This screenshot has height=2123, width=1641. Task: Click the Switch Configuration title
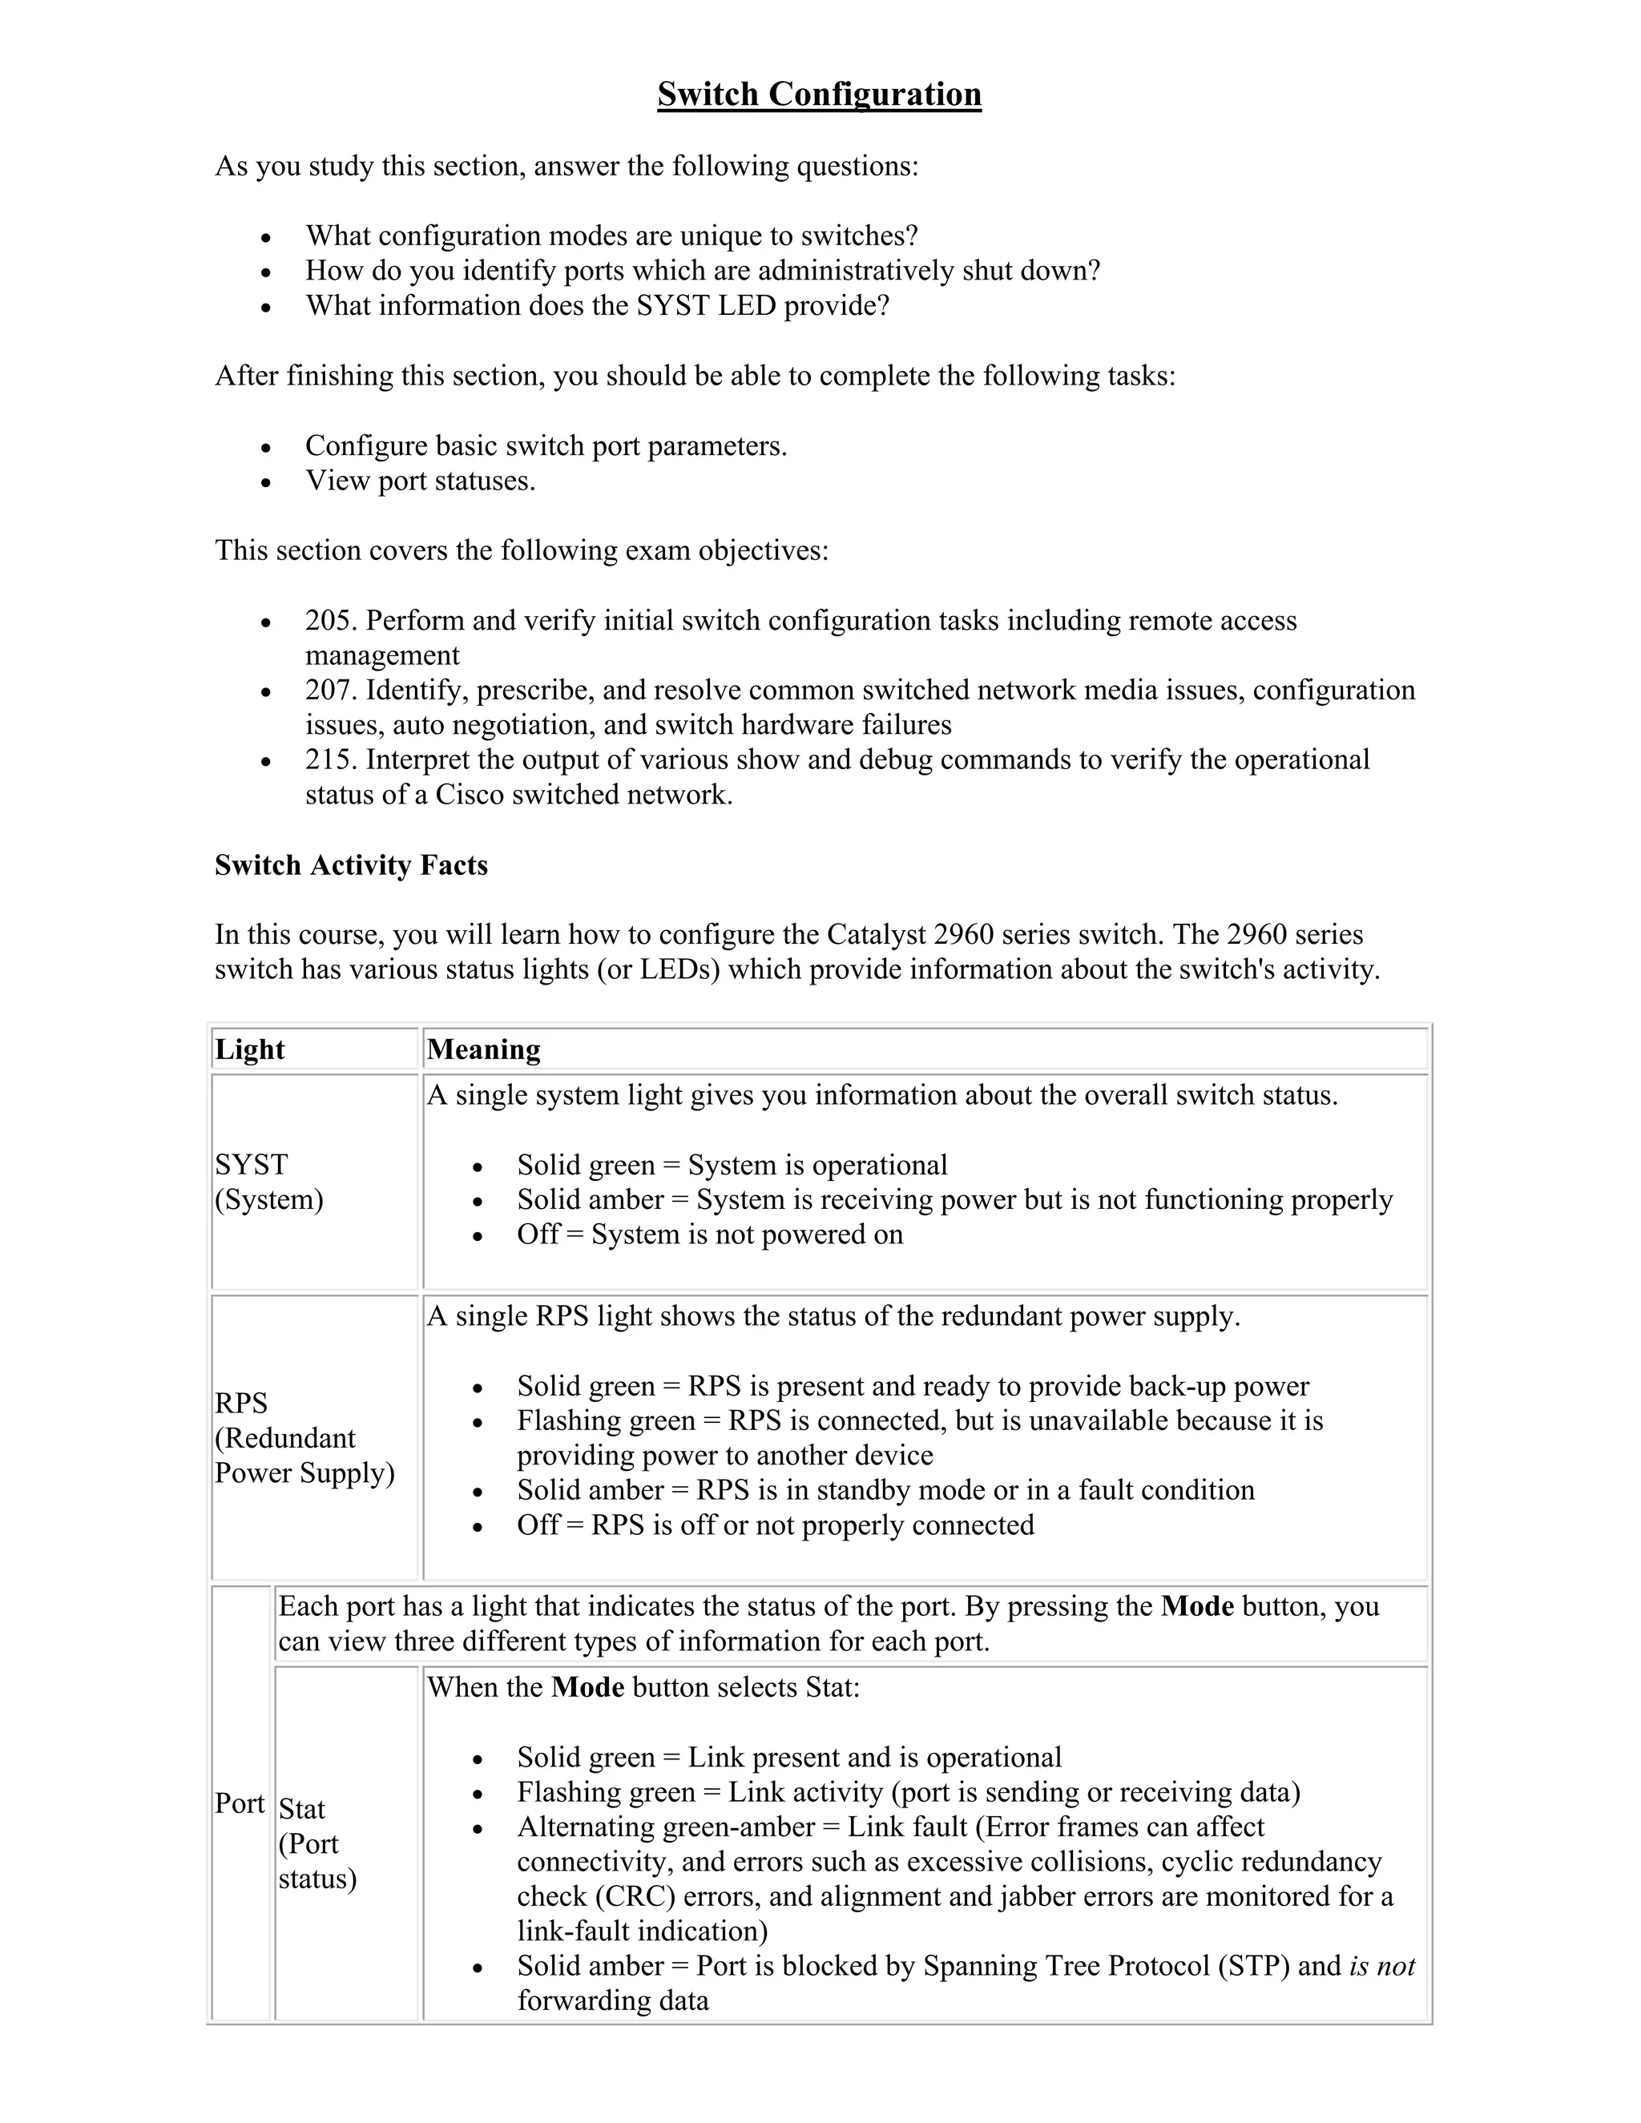click(x=819, y=95)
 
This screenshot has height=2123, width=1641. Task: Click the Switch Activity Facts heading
click(x=351, y=864)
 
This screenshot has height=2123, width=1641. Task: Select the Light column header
click(x=250, y=1049)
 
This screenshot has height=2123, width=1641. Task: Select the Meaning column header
click(x=483, y=1049)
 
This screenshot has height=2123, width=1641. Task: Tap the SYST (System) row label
click(x=269, y=1182)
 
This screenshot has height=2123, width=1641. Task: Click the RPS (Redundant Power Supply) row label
click(x=304, y=1438)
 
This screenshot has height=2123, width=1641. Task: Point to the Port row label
click(x=239, y=1803)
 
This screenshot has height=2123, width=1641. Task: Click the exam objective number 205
click(x=331, y=620)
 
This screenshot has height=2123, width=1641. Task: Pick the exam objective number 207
click(x=331, y=690)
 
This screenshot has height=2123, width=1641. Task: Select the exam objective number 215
click(x=331, y=759)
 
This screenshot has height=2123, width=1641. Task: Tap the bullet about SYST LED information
click(x=597, y=306)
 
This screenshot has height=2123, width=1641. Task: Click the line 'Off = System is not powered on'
click(x=710, y=1235)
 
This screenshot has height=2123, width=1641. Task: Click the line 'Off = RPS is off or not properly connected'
click(x=775, y=1525)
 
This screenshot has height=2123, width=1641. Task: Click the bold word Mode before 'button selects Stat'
click(x=587, y=1686)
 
